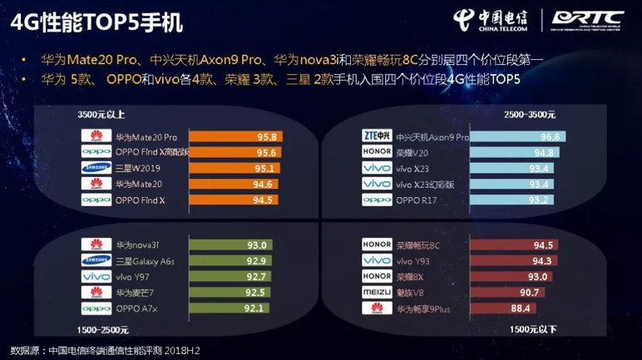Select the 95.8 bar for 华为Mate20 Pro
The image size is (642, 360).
coord(236,136)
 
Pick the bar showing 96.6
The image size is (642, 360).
coord(518,136)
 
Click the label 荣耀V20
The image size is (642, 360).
coord(412,152)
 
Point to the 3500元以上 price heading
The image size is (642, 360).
coord(101,114)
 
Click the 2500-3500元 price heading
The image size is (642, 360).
coord(530,114)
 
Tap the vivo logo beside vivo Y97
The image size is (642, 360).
coord(96,277)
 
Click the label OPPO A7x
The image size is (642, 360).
coord(136,308)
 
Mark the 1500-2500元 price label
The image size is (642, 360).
coord(104,329)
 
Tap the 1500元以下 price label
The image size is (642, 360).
coord(533,329)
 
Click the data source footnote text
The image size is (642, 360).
coord(105,350)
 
